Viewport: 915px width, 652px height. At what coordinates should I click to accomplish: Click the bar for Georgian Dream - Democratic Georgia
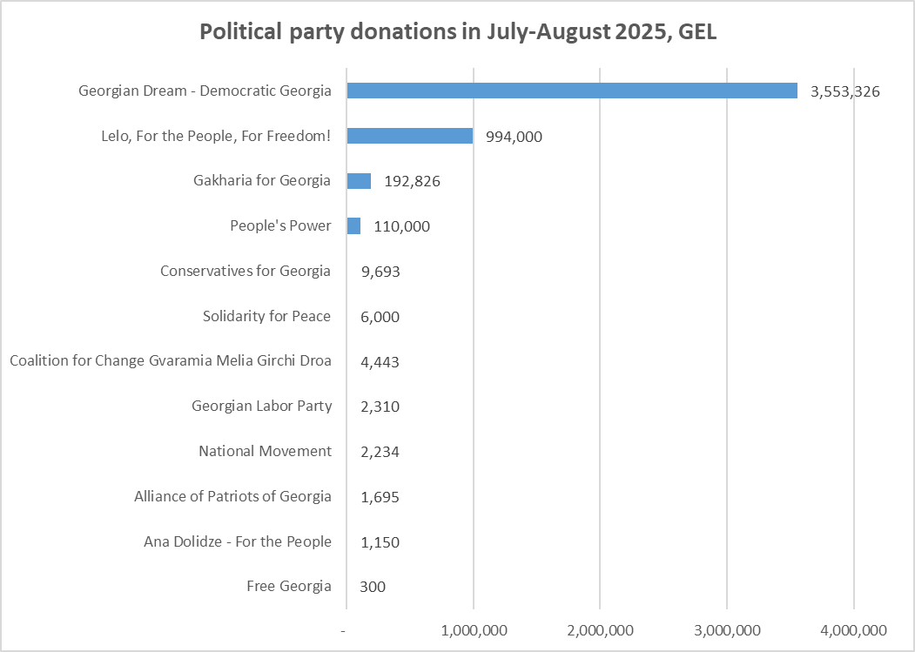point(572,91)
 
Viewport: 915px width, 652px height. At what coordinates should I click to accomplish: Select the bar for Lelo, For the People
point(409,136)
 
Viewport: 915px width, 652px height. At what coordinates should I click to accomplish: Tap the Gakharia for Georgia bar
point(359,181)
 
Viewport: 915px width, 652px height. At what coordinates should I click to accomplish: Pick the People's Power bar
point(353,226)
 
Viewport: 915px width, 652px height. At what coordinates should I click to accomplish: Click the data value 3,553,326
point(844,91)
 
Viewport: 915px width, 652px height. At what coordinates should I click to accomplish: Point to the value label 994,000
point(514,137)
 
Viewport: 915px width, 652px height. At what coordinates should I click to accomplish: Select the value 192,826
point(412,182)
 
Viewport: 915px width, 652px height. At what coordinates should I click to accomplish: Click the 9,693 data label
point(380,272)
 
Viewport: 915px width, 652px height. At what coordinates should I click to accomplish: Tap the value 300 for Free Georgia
point(373,587)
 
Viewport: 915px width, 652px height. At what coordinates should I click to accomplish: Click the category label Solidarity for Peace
point(266,316)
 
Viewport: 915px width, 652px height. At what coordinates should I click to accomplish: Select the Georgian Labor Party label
point(261,406)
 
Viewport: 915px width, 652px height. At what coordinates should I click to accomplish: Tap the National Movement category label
point(265,451)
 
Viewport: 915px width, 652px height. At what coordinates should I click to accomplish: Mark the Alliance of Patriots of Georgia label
point(232,496)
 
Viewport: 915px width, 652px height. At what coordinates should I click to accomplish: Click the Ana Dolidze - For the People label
point(238,541)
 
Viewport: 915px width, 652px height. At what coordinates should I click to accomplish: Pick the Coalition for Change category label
point(170,361)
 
